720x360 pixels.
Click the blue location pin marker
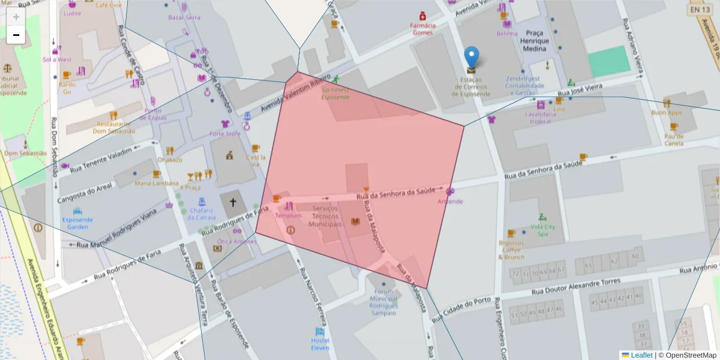pos(472,59)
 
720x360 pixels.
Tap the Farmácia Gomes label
pos(422,29)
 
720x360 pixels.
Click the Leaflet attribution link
pos(641,355)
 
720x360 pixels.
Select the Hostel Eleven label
pos(320,344)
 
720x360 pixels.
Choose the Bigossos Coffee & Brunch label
pos(511,250)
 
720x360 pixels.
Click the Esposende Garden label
pos(77,223)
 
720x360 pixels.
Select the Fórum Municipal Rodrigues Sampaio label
pos(383,302)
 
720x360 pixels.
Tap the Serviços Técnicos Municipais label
pos(325,216)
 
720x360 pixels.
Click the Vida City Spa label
pos(543,230)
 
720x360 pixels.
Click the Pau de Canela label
pos(674,139)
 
